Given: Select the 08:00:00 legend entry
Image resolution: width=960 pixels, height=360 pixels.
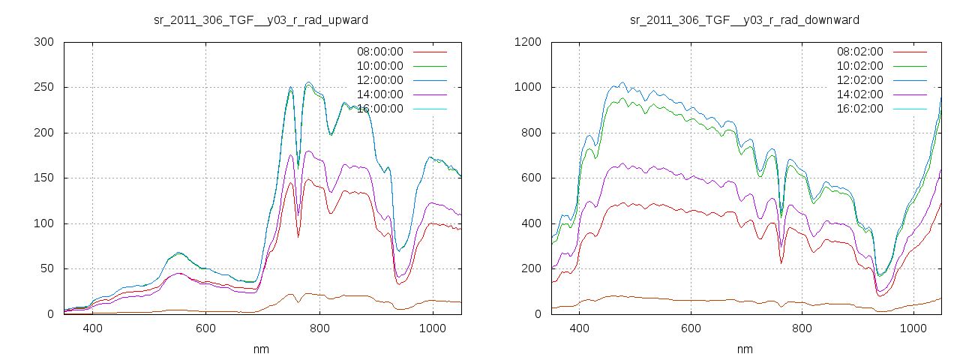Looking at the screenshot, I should coord(380,52).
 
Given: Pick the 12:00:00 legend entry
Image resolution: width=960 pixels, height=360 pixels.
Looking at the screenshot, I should coord(380,80).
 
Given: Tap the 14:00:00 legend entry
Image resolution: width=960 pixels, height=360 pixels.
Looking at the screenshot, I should coord(380,94).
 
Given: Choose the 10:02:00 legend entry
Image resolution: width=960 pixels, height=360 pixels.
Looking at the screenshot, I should coord(860,66).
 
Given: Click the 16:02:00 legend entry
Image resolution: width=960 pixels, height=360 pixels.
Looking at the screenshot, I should coord(860,109).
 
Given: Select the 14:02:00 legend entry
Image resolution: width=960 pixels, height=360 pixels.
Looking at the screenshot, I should coord(860,94).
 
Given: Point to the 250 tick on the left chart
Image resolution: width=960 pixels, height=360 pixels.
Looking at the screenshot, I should coord(46,88).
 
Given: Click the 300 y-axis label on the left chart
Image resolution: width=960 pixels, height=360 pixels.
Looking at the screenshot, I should coord(46,43).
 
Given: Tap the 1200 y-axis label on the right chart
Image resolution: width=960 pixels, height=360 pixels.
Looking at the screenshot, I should coord(529,43).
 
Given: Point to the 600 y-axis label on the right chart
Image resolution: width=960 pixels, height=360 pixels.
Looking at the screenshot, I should coord(532,178).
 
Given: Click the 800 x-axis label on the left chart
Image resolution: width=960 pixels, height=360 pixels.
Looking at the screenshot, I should coord(319,328).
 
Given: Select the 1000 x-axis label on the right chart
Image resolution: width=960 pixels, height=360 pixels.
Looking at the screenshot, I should coord(914,328).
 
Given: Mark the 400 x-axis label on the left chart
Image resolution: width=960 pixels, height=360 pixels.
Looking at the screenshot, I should coord(93,328).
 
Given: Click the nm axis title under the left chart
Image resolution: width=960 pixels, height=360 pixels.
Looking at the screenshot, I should coord(262,349).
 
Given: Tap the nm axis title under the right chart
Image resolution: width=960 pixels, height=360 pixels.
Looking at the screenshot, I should coord(745,349).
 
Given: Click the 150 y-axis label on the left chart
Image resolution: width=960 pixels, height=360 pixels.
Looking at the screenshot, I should coord(46,178).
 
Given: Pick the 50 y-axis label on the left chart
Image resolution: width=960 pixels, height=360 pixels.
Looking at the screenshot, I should coord(49,269).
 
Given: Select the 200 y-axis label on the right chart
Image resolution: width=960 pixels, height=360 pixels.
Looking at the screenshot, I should coord(532,269).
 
